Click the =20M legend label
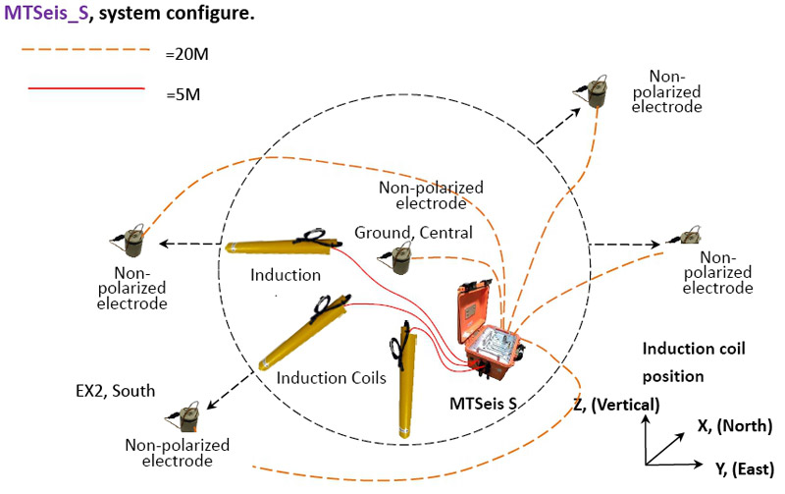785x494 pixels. click(187, 54)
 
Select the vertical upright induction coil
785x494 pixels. click(402, 378)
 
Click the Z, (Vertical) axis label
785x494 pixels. click(616, 404)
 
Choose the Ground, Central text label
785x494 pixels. click(413, 232)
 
